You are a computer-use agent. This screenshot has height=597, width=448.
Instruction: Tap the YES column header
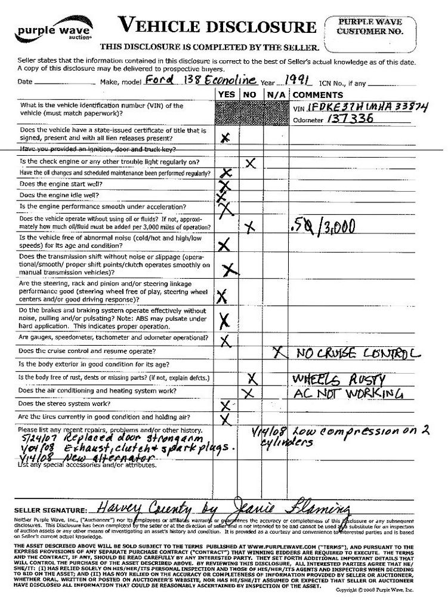(x=227, y=95)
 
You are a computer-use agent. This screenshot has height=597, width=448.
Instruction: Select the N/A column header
(x=275, y=95)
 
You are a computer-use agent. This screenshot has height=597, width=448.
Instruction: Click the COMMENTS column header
(x=318, y=95)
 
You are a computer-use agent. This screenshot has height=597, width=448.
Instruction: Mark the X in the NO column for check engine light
(x=251, y=162)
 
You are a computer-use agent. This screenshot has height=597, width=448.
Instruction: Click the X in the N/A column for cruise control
(x=277, y=352)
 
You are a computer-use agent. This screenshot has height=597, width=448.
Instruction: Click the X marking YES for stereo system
(x=225, y=406)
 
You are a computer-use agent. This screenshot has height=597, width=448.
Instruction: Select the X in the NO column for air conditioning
(x=249, y=392)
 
